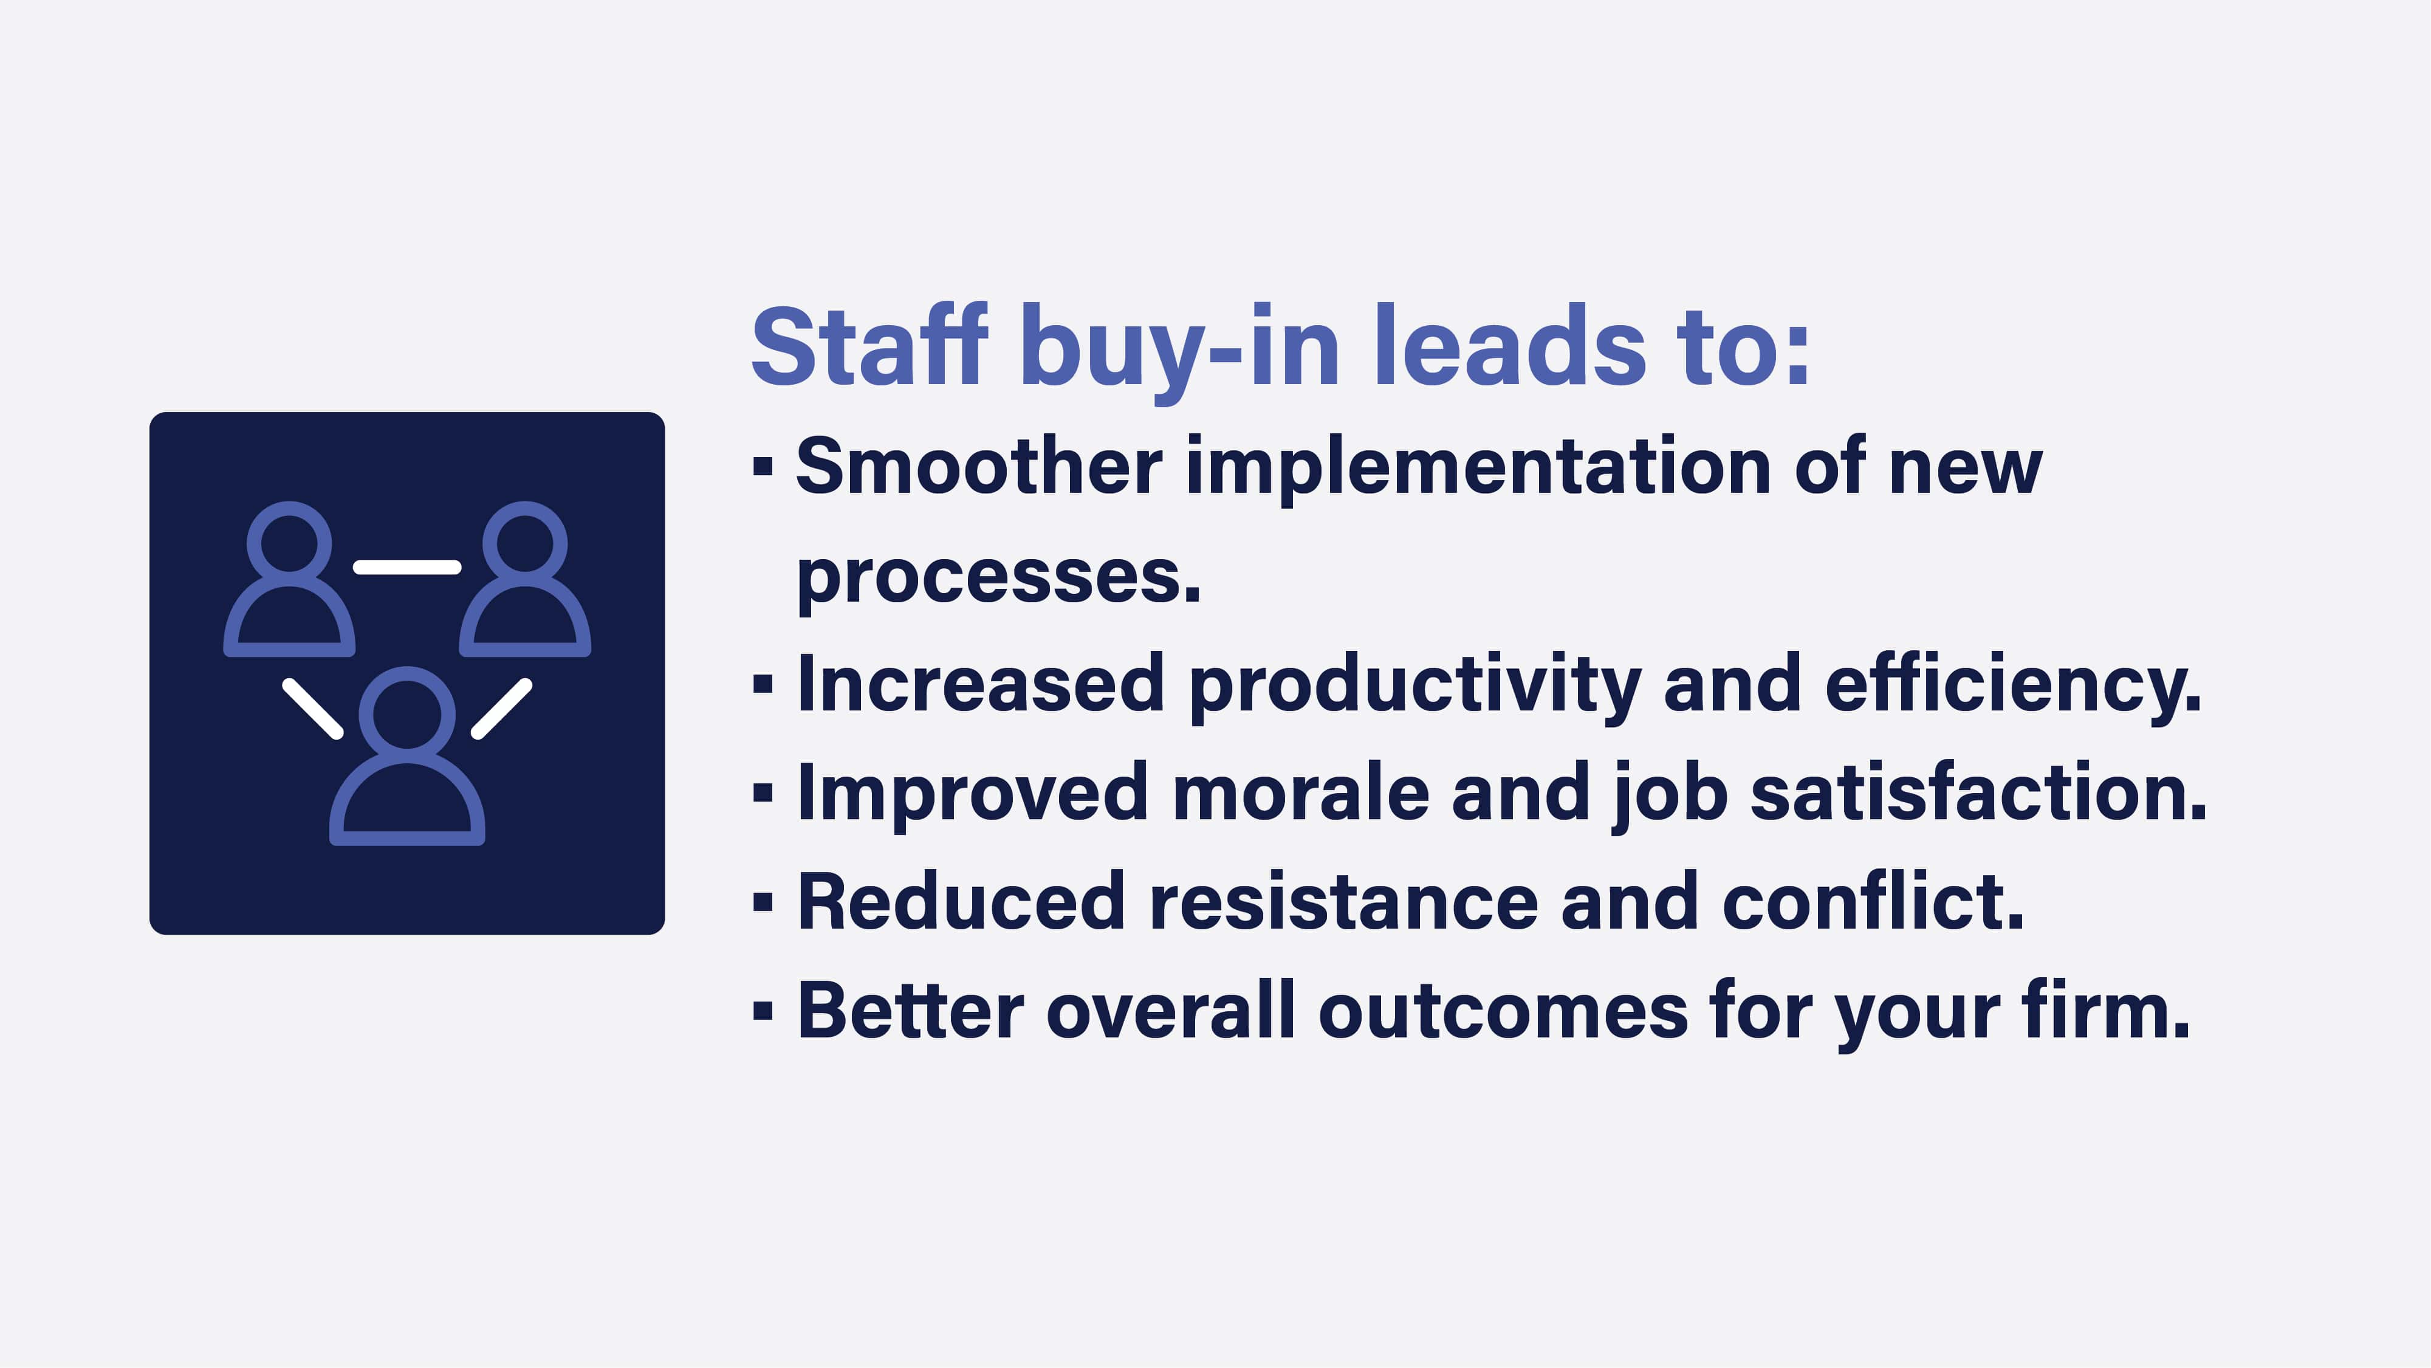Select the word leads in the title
(1510, 348)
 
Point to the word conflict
(1873, 902)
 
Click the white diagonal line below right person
(501, 709)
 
